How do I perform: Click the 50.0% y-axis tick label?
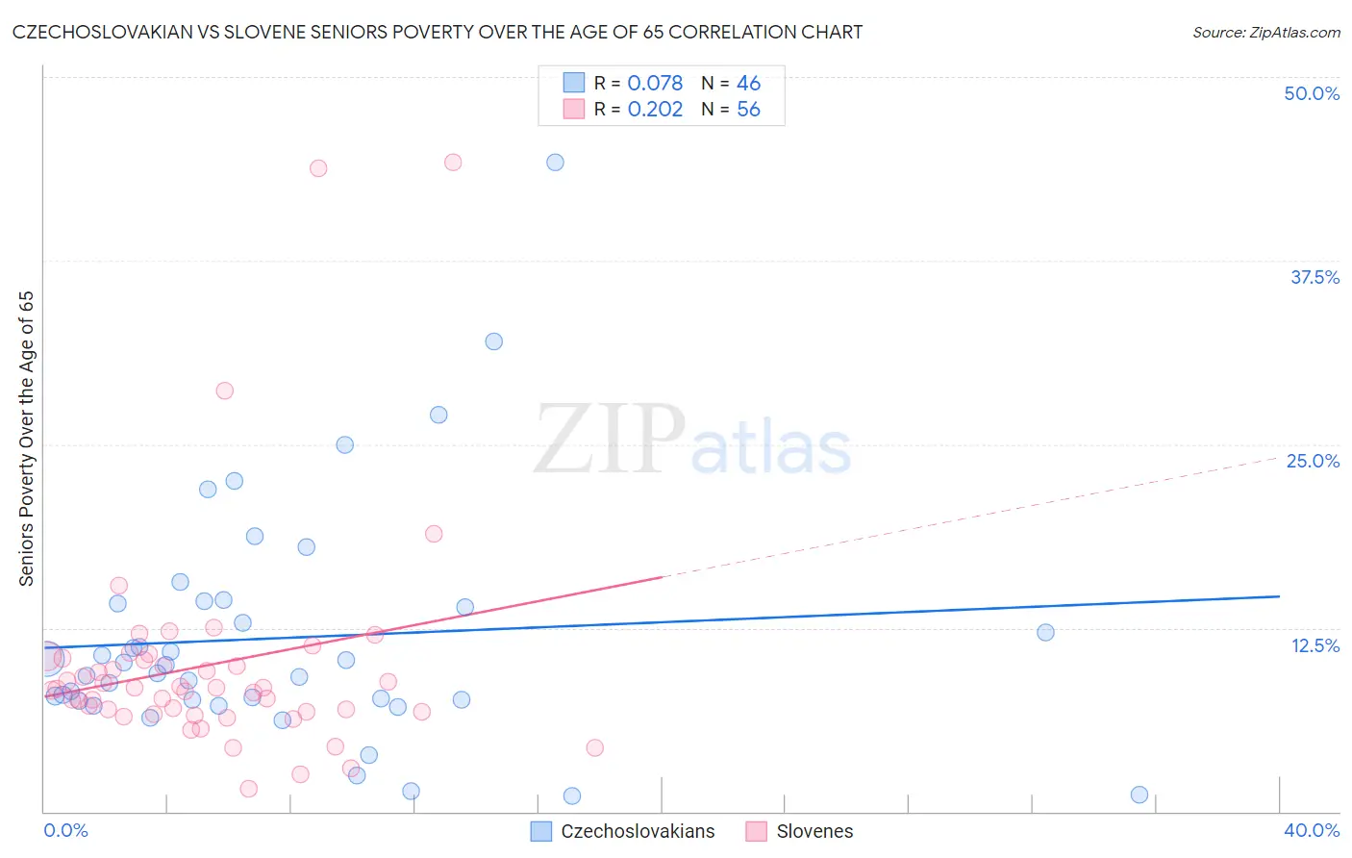pyautogui.click(x=1312, y=93)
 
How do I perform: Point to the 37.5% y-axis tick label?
pyautogui.click(x=1314, y=277)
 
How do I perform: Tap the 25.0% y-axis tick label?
pyautogui.click(x=1313, y=461)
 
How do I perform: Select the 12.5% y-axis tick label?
pyautogui.click(x=1314, y=645)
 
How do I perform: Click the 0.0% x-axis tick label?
pyautogui.click(x=65, y=830)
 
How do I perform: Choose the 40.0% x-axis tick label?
pyautogui.click(x=1312, y=830)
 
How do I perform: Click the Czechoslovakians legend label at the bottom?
pyautogui.click(x=638, y=831)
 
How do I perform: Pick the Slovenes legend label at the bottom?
pyautogui.click(x=814, y=831)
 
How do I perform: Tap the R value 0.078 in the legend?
pyautogui.click(x=655, y=84)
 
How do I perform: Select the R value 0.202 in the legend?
pyautogui.click(x=655, y=110)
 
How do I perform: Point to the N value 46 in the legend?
pyautogui.click(x=748, y=84)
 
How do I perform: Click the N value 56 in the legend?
pyautogui.click(x=748, y=110)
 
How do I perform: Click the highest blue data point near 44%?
pyautogui.click(x=555, y=163)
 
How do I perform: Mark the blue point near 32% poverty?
pyautogui.click(x=493, y=341)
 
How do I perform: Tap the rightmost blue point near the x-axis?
pyautogui.click(x=1139, y=795)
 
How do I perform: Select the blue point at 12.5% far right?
pyautogui.click(x=1045, y=632)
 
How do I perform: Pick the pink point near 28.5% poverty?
pyautogui.click(x=224, y=391)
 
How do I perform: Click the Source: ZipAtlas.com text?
pyautogui.click(x=1265, y=33)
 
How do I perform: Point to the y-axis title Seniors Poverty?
pyautogui.click(x=27, y=439)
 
